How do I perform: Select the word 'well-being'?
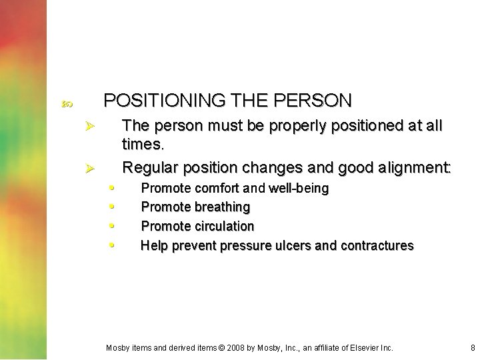299,188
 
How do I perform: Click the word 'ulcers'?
291,245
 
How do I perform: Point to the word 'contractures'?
377,245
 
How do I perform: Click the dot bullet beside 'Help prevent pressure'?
112,244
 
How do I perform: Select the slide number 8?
472,348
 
